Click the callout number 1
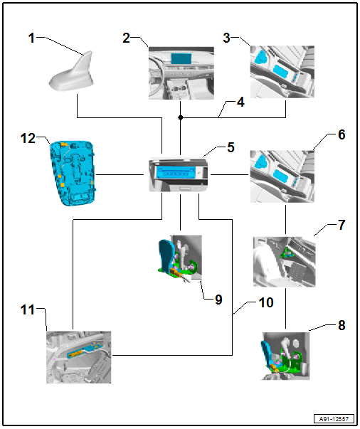[31, 38]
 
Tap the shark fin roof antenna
[72, 73]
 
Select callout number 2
[126, 38]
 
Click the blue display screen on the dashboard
[181, 58]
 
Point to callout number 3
[226, 38]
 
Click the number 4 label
[240, 102]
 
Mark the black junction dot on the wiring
[180, 117]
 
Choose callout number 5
[231, 147]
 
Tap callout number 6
[342, 134]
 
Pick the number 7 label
[342, 225]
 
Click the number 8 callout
[342, 325]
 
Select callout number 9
[218, 300]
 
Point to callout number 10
[266, 302]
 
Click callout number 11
[28, 310]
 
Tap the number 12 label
[28, 139]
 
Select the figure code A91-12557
[334, 419]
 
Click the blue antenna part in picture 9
[166, 255]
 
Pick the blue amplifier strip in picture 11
[82, 351]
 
